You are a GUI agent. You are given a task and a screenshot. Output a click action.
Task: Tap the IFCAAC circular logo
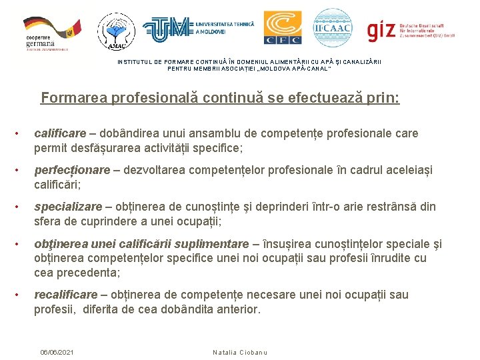[x=332, y=28]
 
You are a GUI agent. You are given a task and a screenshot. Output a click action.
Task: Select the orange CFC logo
[x=282, y=28]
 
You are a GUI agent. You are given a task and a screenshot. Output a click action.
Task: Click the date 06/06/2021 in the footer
[x=57, y=351]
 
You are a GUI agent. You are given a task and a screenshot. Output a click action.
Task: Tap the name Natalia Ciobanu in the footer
[x=239, y=351]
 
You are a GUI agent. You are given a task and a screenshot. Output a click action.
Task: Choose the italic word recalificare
[x=63, y=295]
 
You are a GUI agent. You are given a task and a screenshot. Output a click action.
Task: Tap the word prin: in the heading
[x=383, y=99]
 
